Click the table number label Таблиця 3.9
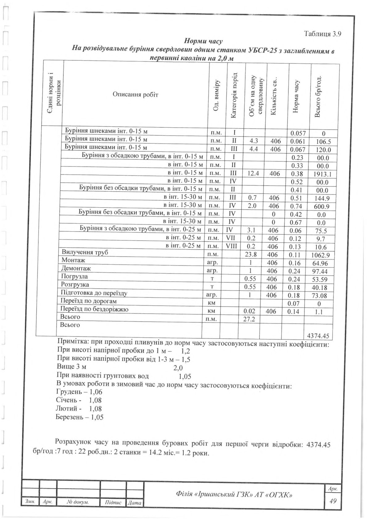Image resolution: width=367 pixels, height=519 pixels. (x=322, y=34)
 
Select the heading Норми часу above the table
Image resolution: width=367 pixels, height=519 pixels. (x=203, y=41)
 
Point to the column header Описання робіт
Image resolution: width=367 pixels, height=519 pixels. (x=135, y=94)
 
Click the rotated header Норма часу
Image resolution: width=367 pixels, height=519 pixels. (x=296, y=96)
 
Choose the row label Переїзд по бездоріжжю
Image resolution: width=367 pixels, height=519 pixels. (x=95, y=309)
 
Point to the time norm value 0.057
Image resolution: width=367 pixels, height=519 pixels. (x=298, y=134)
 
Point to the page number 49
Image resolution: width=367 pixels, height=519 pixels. (x=333, y=501)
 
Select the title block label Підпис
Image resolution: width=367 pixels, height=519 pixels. (x=113, y=502)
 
